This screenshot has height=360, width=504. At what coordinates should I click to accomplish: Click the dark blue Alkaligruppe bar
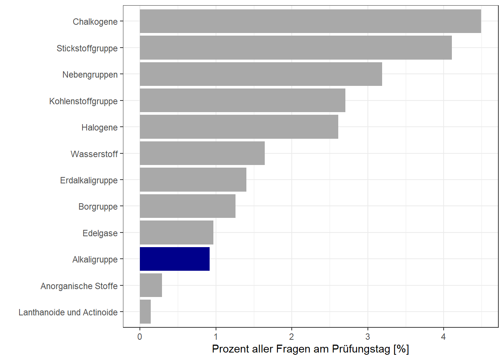click(174, 259)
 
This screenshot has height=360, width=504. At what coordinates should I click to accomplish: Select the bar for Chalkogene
click(310, 21)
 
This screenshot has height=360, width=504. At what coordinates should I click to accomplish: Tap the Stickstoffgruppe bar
click(295, 48)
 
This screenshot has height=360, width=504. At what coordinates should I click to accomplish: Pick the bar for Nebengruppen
click(261, 74)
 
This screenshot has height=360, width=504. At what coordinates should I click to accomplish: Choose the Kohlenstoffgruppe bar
click(242, 100)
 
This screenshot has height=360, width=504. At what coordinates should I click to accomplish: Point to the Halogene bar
click(239, 127)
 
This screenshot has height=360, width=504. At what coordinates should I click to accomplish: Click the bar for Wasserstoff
click(202, 153)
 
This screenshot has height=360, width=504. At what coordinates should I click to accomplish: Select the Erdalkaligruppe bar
click(193, 180)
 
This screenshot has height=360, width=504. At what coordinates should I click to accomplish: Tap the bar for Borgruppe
click(187, 206)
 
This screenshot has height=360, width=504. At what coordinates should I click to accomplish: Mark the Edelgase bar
click(176, 233)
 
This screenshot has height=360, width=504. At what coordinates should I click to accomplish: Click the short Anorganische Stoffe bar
click(151, 285)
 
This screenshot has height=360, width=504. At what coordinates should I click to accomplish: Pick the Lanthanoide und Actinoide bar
click(145, 312)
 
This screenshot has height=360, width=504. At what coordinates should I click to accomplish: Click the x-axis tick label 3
click(367, 337)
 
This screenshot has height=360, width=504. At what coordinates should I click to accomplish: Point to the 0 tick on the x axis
click(140, 337)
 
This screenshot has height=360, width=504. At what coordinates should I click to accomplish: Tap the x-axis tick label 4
click(443, 337)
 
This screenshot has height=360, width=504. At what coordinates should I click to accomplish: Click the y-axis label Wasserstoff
click(94, 154)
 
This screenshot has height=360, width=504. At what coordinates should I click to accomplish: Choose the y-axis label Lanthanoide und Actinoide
click(68, 312)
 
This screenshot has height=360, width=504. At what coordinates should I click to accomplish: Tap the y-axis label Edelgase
click(100, 233)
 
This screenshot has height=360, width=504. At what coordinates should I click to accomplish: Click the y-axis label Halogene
click(99, 127)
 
